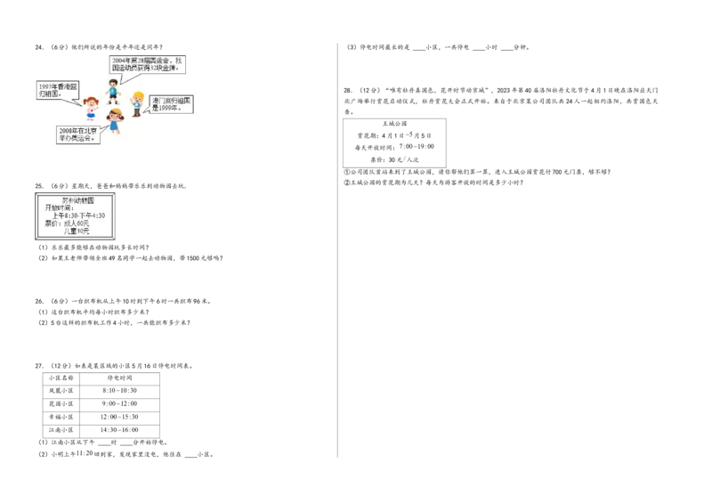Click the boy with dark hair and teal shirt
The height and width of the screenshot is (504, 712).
point(112,89)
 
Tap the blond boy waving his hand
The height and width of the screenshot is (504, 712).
point(136,103)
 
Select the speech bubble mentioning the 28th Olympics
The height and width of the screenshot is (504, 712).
point(146,64)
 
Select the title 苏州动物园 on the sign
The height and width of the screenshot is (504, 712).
point(77,200)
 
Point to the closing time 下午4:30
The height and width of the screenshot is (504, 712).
point(93,215)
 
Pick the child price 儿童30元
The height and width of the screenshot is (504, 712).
point(77,231)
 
